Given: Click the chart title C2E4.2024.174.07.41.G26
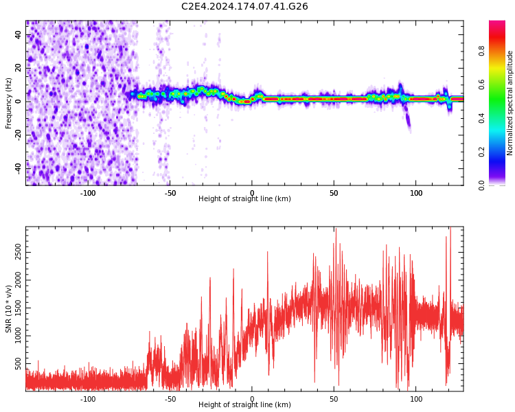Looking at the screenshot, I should pos(244,7).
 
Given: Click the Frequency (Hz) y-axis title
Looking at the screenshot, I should pos(9,103).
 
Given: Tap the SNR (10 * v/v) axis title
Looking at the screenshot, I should pos(9,309).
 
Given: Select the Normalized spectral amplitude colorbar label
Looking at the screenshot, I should pos(510,103).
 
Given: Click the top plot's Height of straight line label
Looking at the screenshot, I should pos(244,199).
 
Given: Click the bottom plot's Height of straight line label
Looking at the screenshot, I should pos(244,405).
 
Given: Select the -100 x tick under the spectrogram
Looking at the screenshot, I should pos(88,192).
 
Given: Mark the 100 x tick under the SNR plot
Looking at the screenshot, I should pos(416,398).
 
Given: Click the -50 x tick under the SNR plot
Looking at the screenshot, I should pos(170,398).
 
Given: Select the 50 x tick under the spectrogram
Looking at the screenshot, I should pos(334,192).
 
